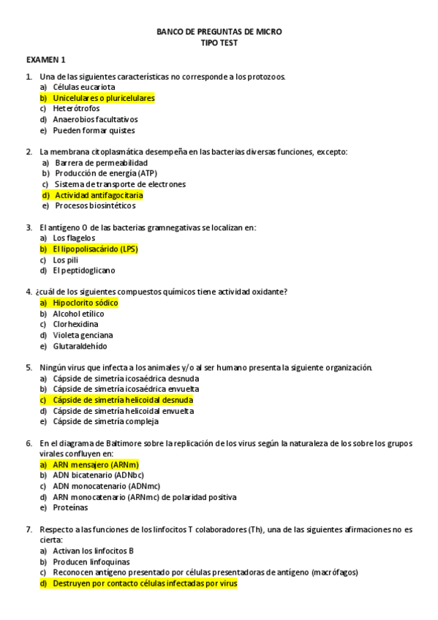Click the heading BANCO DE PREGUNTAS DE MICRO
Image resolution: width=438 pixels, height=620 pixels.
(219, 32)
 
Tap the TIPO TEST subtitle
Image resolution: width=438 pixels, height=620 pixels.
(219, 43)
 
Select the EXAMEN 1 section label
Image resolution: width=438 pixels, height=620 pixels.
(46, 59)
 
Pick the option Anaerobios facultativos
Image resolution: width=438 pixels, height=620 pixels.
(95, 119)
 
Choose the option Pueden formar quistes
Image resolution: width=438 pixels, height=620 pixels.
(94, 130)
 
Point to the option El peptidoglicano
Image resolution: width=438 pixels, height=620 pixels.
(83, 271)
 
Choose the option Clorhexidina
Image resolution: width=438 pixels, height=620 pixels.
(75, 324)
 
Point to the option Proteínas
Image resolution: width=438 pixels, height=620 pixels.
(70, 507)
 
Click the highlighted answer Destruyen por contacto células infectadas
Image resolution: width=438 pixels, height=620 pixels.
(145, 583)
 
